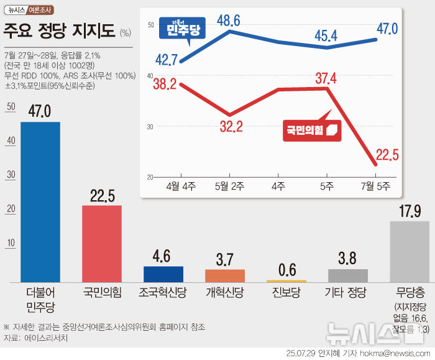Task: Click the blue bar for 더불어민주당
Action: coord(40,202)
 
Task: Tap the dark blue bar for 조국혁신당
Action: coord(163,274)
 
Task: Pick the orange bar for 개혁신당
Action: coord(225,275)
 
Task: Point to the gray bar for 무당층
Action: coord(409,251)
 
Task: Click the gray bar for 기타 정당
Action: coord(347,275)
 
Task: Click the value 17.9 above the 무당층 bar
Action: coord(409,211)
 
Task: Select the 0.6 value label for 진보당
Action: coord(286,270)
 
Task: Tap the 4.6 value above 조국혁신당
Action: coord(163,256)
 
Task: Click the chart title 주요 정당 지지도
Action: coord(59,30)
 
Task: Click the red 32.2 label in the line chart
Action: coord(231,127)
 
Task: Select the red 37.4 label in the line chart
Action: coord(326,78)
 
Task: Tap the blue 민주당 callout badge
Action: coord(183,29)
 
